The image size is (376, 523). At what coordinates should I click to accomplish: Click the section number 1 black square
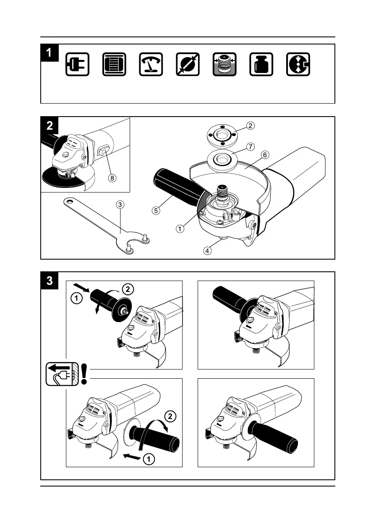tap(50, 53)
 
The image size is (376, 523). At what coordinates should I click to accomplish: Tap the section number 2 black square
tap(50, 125)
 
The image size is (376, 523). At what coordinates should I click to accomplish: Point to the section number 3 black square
tap(50, 281)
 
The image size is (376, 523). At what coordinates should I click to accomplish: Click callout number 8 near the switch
tap(112, 178)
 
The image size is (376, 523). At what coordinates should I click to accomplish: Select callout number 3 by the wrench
tap(120, 205)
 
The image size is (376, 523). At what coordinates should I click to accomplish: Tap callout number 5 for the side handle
tap(156, 211)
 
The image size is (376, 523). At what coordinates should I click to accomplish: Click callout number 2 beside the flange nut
tap(250, 125)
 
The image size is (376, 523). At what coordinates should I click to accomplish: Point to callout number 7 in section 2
tap(250, 147)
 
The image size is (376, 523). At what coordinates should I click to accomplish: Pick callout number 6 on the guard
tap(264, 155)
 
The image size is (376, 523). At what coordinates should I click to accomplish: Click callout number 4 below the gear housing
tap(208, 251)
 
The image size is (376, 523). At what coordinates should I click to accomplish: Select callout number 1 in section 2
tap(180, 229)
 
